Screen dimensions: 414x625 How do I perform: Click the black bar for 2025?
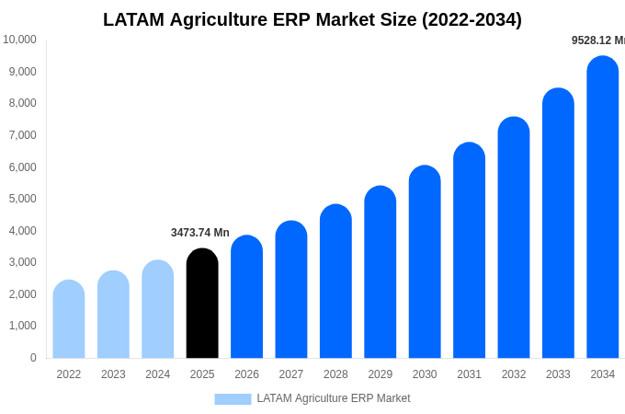point(202,304)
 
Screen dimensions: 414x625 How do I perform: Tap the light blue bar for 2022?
point(69,319)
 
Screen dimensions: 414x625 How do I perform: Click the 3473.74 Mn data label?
point(200,233)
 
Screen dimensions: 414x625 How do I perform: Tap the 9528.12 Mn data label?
point(597,40)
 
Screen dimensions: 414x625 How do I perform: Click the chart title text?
point(312,19)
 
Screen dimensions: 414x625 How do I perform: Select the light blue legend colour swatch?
point(233,398)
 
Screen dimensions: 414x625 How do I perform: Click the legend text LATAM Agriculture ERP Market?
point(334,398)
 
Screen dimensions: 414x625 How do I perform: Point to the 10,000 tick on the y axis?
point(19,40)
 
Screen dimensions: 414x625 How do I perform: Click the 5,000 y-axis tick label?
point(22,199)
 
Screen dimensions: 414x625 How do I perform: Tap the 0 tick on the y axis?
point(33,358)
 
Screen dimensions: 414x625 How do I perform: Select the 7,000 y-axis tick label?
point(22,135)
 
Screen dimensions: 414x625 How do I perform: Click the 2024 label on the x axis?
point(158,374)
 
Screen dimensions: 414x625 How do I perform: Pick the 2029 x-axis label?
point(381,374)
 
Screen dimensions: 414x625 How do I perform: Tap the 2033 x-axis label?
point(558,374)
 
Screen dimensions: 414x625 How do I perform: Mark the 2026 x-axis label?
point(247,374)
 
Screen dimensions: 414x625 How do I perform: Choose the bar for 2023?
point(113,315)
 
